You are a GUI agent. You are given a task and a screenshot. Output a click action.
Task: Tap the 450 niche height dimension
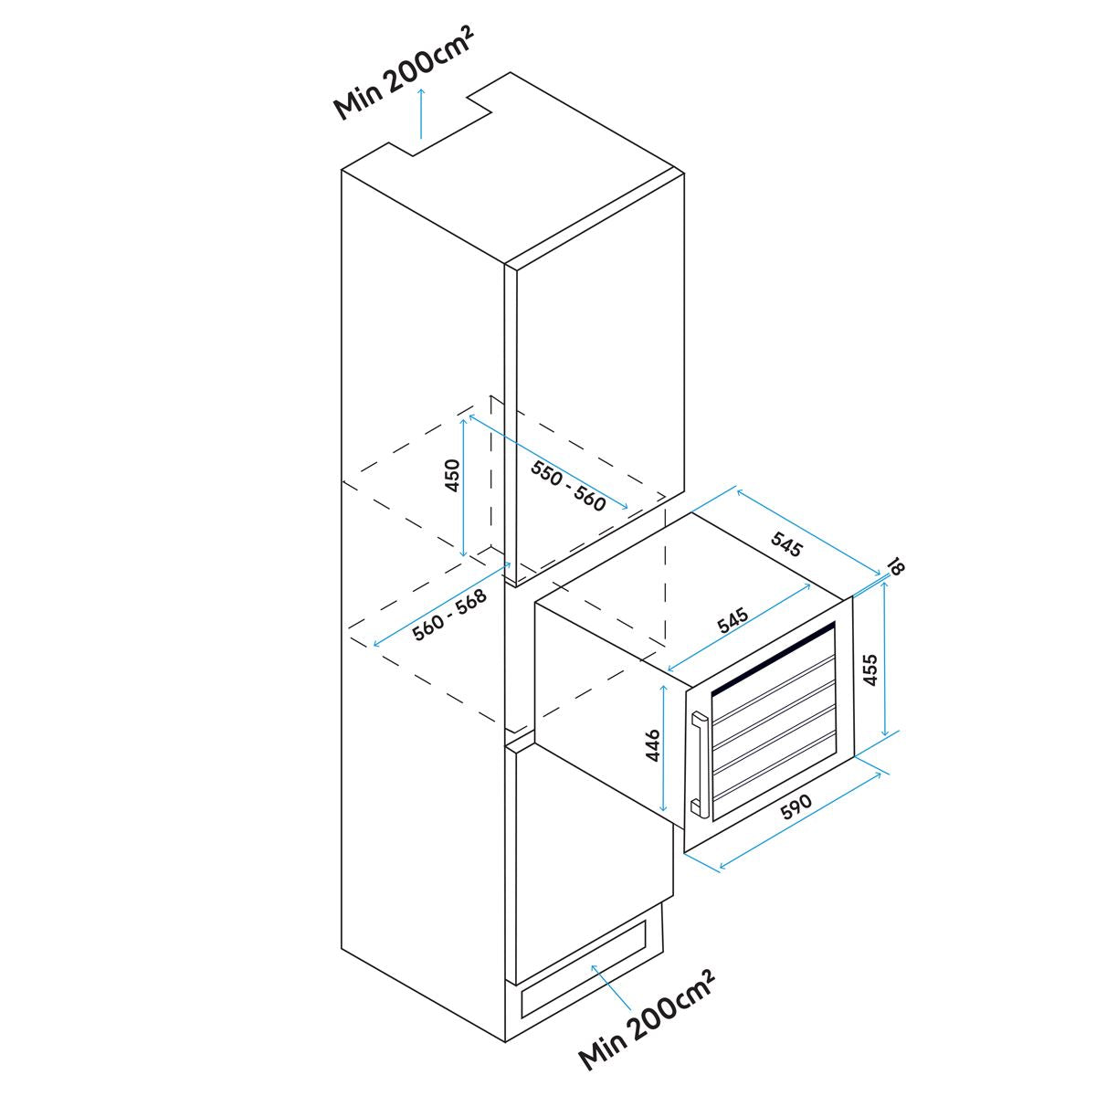[451, 476]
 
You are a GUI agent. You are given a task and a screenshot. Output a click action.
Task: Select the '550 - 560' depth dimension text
[568, 484]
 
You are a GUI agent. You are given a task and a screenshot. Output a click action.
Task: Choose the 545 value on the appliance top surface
[733, 621]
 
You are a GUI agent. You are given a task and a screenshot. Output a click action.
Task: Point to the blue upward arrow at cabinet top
[420, 114]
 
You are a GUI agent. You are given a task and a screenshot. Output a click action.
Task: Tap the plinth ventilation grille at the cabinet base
[585, 964]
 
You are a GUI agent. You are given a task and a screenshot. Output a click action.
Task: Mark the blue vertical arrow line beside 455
[884, 662]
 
